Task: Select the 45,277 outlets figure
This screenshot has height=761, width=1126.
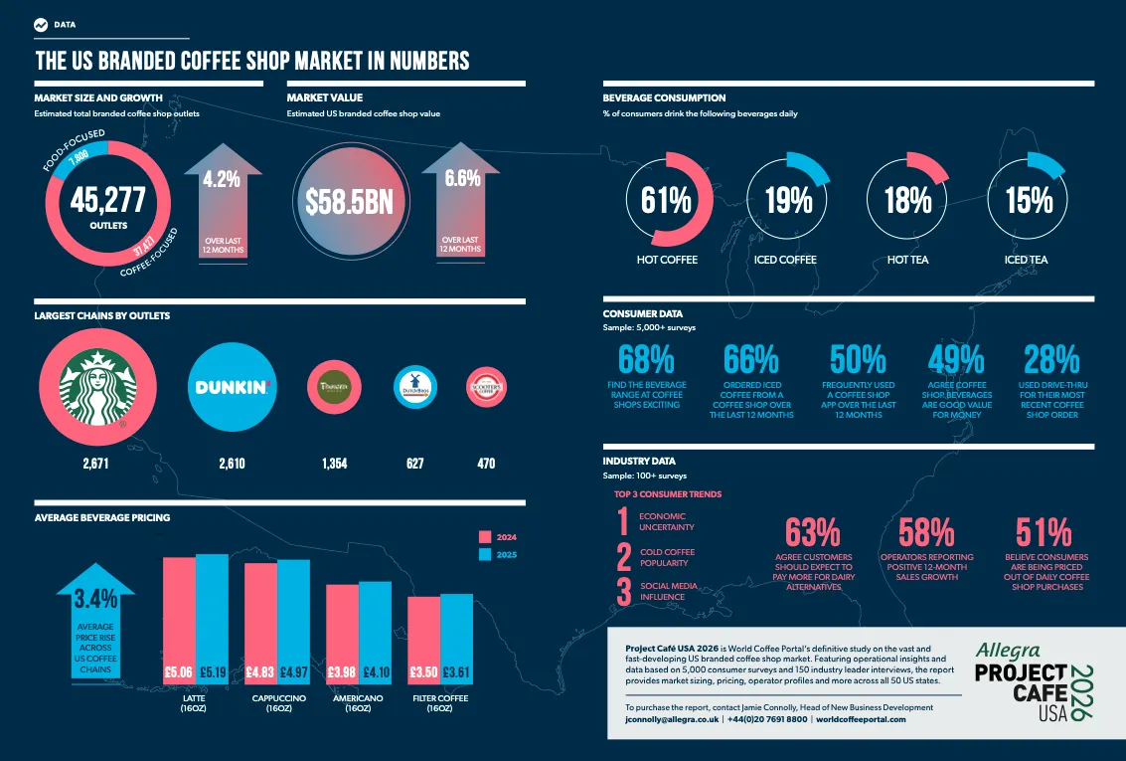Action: coord(107,200)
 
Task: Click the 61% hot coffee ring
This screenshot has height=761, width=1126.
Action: coord(666,200)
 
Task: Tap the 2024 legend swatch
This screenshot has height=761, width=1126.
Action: coord(485,535)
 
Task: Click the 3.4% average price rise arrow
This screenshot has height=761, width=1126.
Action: coord(96,622)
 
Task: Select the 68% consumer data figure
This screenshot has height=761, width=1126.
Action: coord(646,360)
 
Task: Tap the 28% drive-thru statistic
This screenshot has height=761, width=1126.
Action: coord(1051,360)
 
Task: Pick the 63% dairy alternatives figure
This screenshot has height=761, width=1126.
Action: coord(813,533)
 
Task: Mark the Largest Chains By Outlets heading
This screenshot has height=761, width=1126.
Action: coord(102,315)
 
